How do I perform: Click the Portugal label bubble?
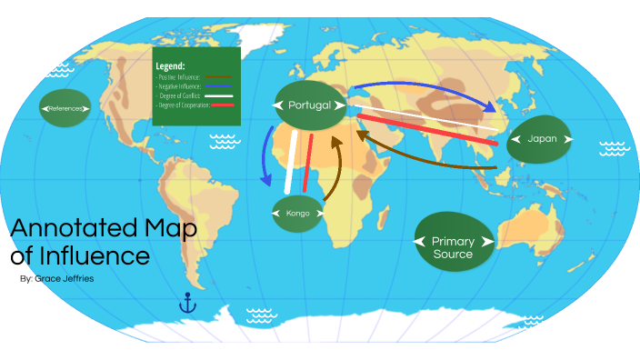coord(309,105)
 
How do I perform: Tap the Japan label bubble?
coord(542,139)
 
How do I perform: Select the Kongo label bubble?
coord(298,214)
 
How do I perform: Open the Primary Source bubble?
coord(453,242)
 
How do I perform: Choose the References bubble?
coord(65,109)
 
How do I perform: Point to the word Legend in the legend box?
coord(170,66)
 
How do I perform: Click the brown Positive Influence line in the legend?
coord(220,77)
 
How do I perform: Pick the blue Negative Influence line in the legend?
coord(220,86)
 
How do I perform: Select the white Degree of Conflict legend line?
coord(220,95)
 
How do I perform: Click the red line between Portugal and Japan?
coord(427,131)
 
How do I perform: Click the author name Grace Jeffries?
coord(56,279)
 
